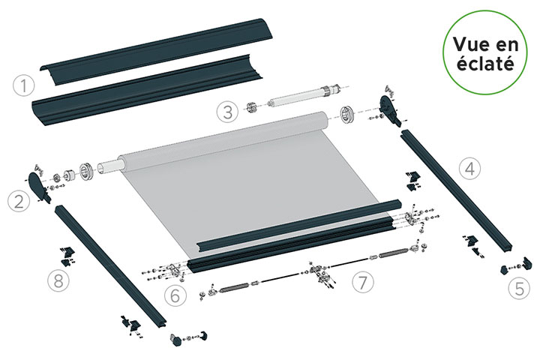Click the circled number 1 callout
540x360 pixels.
24,85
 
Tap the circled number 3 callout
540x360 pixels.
228,112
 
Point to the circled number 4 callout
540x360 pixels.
470,169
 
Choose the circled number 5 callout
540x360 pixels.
519,288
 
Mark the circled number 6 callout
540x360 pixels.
175,295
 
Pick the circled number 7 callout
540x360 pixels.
363,282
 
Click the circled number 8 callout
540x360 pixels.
58,280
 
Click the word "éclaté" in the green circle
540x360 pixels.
485,64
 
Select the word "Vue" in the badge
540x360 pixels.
469,43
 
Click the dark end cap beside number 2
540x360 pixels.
39,186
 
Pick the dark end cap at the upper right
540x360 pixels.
390,110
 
